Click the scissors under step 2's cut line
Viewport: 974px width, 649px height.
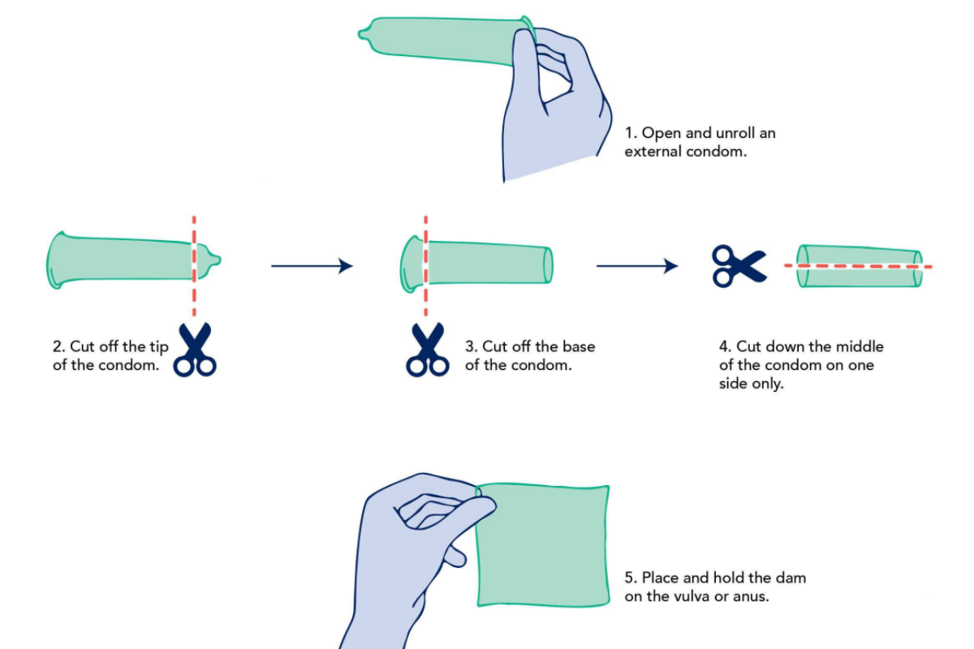195,350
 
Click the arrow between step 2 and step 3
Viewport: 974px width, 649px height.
312,265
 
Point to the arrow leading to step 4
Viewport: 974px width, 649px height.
637,265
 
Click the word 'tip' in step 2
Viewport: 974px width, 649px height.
157,347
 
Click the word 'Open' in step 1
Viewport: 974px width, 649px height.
660,133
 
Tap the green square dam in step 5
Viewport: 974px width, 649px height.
542,545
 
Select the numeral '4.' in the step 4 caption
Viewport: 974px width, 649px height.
725,346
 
